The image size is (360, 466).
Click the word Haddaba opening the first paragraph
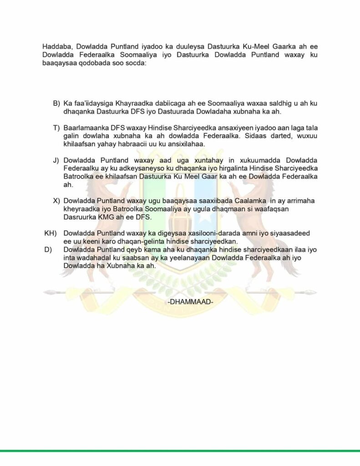57,46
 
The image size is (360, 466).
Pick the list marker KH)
50,233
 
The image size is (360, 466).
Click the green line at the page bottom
180,451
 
